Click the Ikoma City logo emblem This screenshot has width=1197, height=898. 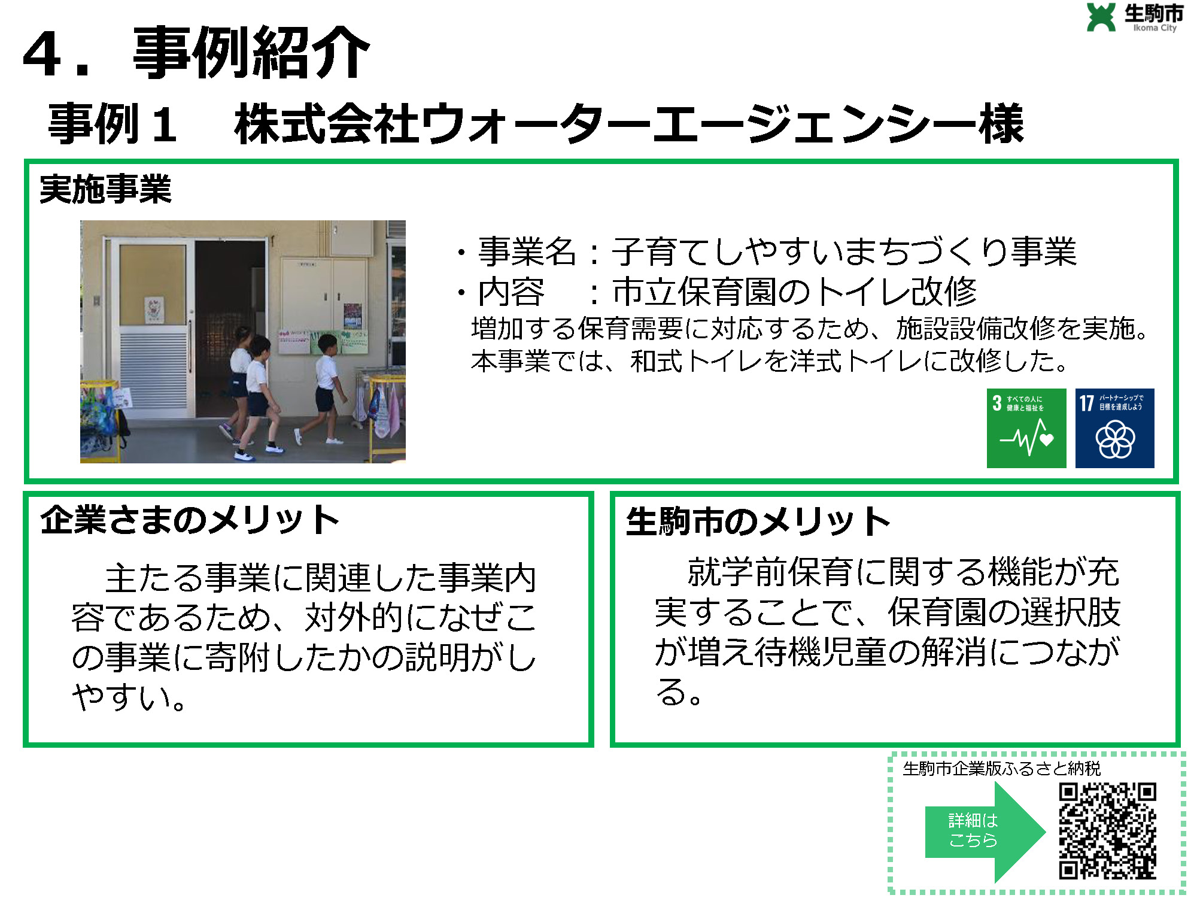click(x=1101, y=17)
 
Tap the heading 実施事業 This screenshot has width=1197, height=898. click(x=105, y=189)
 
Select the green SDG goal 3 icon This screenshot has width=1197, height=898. click(x=1026, y=428)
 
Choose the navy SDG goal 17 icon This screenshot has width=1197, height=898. click(x=1115, y=428)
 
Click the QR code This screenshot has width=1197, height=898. click(x=1107, y=831)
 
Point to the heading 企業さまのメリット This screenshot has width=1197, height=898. click(x=190, y=519)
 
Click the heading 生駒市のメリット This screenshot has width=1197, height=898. click(x=758, y=521)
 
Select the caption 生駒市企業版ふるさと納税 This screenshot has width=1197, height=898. click(x=1002, y=768)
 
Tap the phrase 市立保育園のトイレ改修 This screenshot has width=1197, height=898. click(x=794, y=292)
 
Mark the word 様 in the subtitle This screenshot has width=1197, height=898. click(x=1001, y=123)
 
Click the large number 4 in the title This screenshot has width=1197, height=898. click(x=43, y=54)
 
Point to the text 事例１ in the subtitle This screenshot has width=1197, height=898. click(x=113, y=123)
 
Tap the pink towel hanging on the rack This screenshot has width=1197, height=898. click(x=392, y=412)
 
